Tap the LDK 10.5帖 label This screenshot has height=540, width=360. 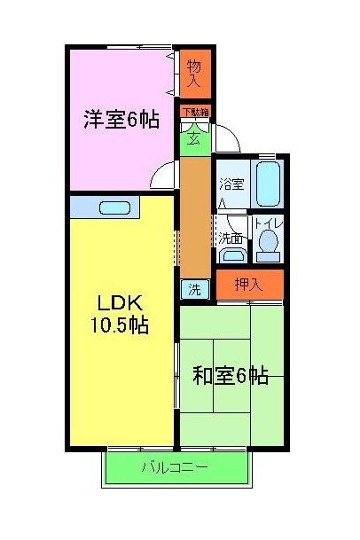(117, 311)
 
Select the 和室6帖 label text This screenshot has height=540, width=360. (231, 375)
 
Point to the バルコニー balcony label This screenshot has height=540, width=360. (175, 466)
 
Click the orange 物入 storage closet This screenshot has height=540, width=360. (194, 73)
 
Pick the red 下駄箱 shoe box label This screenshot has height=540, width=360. (195, 112)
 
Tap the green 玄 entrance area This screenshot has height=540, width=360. (193, 137)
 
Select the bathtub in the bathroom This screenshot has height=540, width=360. (268, 184)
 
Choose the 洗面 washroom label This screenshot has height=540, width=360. (231, 238)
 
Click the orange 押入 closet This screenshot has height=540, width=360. (248, 285)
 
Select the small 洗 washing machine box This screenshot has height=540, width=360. (194, 289)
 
